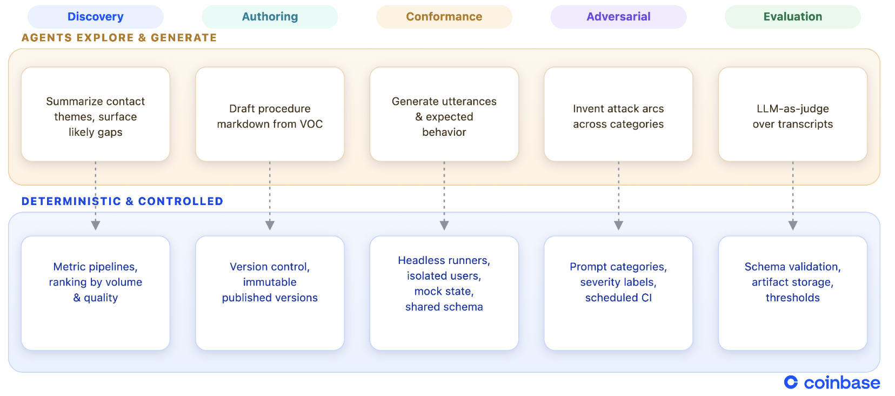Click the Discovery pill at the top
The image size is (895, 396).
96,17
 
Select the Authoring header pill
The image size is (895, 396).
270,17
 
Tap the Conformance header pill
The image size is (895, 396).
444,17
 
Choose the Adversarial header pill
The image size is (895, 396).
618,17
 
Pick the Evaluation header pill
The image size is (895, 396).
793,17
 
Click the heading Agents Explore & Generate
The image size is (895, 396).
119,38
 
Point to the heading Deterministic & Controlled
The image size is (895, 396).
122,201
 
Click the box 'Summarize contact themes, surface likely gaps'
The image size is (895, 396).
96,114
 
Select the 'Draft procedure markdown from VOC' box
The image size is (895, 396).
270,114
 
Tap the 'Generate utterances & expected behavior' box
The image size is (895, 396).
444,114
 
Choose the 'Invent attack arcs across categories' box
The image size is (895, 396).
618,114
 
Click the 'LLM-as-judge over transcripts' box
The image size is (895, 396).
793,114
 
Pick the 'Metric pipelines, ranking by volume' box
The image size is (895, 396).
96,293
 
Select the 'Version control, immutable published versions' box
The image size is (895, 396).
270,293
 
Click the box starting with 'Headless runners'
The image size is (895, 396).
444,293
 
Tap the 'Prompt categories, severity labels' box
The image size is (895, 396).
618,293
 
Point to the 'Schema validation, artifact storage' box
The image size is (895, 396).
793,293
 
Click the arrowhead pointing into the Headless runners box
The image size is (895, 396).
444,226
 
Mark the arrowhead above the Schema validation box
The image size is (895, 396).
793,226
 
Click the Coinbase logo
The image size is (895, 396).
832,383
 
